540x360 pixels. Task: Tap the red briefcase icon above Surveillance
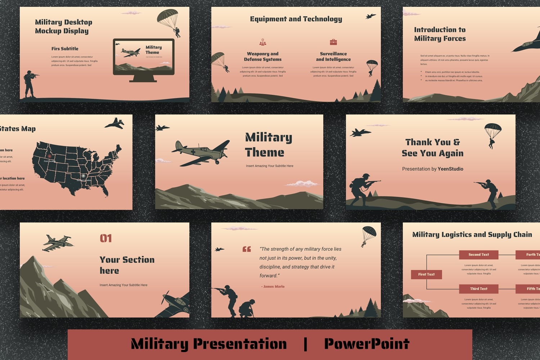click(333, 42)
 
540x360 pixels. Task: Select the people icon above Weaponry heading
click(263, 42)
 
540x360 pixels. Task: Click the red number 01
click(106, 238)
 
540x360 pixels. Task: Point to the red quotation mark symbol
click(247, 249)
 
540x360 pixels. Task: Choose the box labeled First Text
click(426, 274)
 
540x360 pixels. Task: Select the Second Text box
click(478, 255)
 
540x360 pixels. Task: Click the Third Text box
click(478, 289)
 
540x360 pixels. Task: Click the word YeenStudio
click(450, 169)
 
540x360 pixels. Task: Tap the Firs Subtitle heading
click(65, 49)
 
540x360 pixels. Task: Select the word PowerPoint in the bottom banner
click(366, 344)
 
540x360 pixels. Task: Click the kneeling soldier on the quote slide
click(247, 308)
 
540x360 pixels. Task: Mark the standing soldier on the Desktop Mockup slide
click(30, 84)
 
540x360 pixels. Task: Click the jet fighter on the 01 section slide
click(58, 243)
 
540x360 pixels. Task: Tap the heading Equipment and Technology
click(296, 19)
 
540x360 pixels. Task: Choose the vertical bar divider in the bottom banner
click(305, 344)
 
